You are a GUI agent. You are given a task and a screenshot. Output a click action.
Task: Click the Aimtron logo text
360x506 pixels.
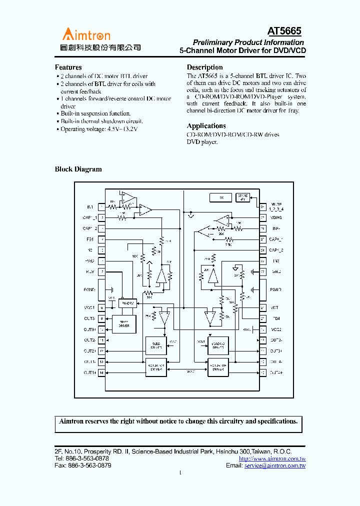pyautogui.click(x=86, y=34)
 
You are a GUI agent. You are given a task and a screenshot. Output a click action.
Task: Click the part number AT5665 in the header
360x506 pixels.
pyautogui.click(x=284, y=31)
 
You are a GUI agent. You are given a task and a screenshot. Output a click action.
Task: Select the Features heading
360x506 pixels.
pyautogui.click(x=68, y=67)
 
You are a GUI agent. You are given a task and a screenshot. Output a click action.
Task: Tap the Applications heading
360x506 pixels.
pyautogui.click(x=206, y=126)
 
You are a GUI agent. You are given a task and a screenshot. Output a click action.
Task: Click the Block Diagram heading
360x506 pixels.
pyautogui.click(x=78, y=169)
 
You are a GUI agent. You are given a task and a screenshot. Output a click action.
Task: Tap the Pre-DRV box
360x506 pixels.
pyautogui.click(x=127, y=303)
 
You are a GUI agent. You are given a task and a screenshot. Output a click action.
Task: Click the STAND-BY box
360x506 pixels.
pyautogui.click(x=243, y=197)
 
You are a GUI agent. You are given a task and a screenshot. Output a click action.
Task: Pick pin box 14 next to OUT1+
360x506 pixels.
pyautogui.click(x=101, y=372)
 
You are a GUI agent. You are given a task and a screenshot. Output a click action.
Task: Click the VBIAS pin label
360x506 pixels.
pyautogui.click(x=276, y=217)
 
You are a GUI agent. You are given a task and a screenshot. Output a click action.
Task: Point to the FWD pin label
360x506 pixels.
pyautogui.click(x=89, y=261)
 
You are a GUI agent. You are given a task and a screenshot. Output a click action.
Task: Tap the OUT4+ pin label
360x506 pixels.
pyautogui.click(x=276, y=372)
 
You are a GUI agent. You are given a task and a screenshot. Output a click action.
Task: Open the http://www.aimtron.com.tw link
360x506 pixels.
pyautogui.click(x=272, y=458)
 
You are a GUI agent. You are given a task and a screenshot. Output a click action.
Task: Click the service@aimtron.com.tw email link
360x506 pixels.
pyautogui.click(x=274, y=465)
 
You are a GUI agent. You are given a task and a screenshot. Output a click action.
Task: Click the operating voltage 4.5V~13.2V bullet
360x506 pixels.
pyautogui.click(x=98, y=129)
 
